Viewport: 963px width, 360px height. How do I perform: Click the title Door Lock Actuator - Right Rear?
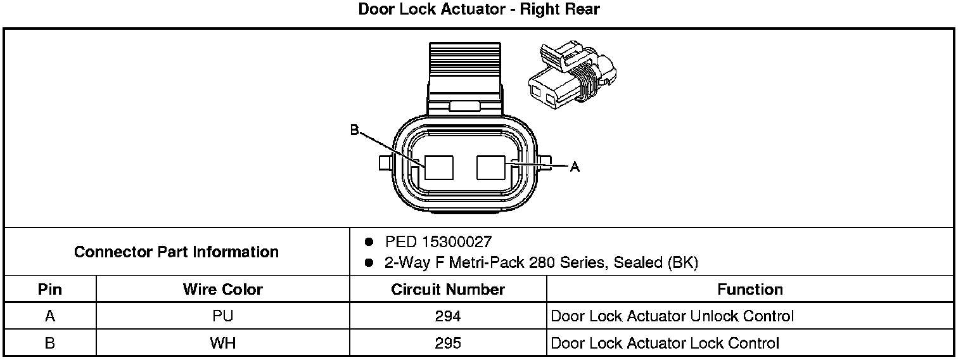(478, 10)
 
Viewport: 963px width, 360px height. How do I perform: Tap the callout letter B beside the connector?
(354, 130)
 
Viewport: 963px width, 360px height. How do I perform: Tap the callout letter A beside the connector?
(575, 167)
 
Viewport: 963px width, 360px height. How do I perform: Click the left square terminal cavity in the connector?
(439, 167)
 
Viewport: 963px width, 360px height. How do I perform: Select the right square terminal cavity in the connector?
(491, 167)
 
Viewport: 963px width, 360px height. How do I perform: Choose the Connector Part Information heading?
(176, 252)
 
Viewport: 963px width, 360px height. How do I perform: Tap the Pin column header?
(50, 290)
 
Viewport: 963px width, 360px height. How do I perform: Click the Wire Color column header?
(222, 290)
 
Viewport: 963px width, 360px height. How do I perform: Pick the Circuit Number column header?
(448, 290)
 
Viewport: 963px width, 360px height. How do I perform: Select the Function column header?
(750, 290)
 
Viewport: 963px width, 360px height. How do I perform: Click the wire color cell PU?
(222, 316)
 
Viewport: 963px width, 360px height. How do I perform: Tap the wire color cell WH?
(222, 344)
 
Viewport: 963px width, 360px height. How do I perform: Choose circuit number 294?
(448, 316)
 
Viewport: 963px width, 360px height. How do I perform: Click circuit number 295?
(448, 344)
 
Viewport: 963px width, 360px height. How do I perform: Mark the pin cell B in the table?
(50, 344)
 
